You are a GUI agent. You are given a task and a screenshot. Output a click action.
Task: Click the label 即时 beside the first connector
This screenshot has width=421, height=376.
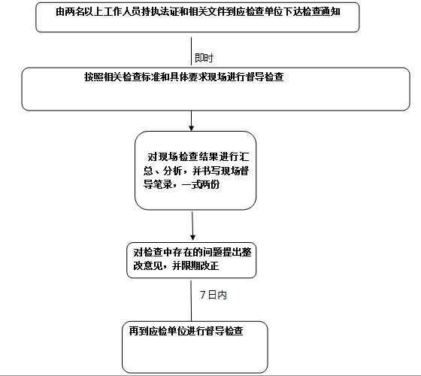[x=204, y=58]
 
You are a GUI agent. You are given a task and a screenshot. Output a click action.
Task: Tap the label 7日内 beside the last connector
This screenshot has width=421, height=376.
[x=214, y=295]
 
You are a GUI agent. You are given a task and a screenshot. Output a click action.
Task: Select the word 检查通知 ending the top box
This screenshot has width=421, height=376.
[x=322, y=12]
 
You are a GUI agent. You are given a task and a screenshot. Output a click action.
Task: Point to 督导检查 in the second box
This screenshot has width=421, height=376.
[x=265, y=77]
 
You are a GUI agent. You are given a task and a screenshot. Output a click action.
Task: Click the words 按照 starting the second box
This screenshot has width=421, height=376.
[x=94, y=77]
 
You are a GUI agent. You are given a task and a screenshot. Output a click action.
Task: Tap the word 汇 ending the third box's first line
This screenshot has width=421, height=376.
[x=244, y=156]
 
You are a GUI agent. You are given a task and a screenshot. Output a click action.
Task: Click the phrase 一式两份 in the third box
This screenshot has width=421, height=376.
[x=201, y=184]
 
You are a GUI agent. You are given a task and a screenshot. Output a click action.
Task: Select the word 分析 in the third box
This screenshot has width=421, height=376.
[x=173, y=171]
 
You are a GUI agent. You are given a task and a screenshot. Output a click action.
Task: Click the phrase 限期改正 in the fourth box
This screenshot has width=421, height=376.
[x=200, y=266]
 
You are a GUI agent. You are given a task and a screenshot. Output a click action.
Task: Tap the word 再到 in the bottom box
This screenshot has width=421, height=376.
[x=138, y=331]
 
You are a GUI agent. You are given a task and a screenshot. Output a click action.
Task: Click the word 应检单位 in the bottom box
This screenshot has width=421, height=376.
[x=167, y=331]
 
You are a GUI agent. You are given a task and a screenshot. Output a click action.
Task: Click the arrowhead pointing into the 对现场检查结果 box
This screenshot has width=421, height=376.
[x=192, y=128]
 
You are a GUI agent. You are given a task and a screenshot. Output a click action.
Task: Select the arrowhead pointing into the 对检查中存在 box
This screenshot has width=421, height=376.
[x=192, y=237]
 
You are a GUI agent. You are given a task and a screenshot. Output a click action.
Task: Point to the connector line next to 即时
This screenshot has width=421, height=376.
[x=191, y=51]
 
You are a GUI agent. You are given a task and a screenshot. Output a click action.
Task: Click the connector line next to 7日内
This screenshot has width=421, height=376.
[x=191, y=301]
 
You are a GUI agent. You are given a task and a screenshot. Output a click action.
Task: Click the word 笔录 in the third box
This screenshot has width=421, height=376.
[x=162, y=184]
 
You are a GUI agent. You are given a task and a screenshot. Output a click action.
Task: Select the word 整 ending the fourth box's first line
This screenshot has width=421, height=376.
[x=247, y=252]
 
